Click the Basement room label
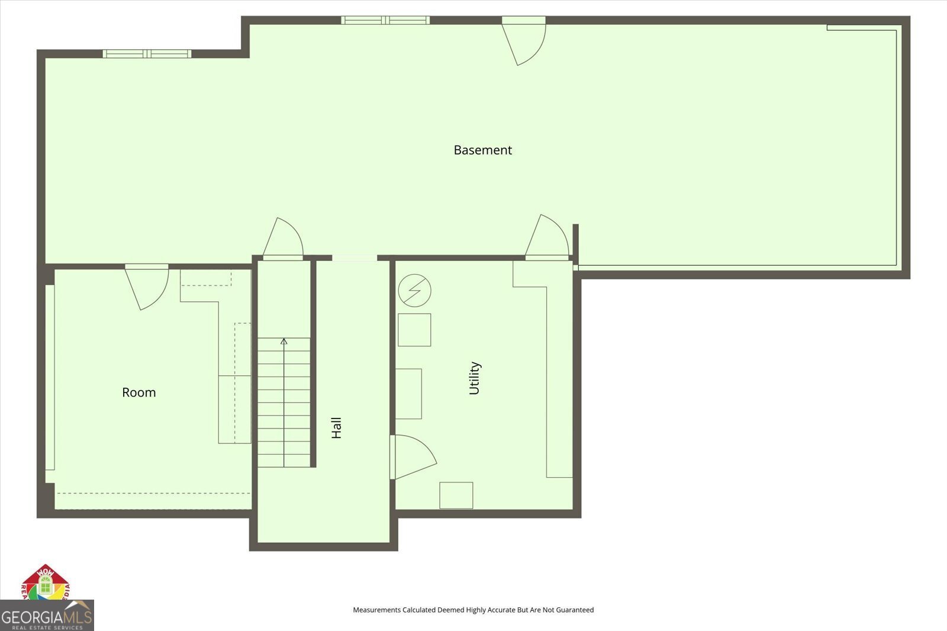point(482,150)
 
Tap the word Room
point(138,392)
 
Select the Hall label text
point(336,427)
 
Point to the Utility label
point(474,378)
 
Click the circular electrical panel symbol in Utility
point(414,291)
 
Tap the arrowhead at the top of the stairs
point(284,341)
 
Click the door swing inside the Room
point(148,286)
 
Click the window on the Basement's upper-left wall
point(147,54)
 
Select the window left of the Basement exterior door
point(385,20)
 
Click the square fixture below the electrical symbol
point(414,330)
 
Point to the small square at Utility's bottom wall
point(456,495)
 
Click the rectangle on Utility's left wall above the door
point(408,394)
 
